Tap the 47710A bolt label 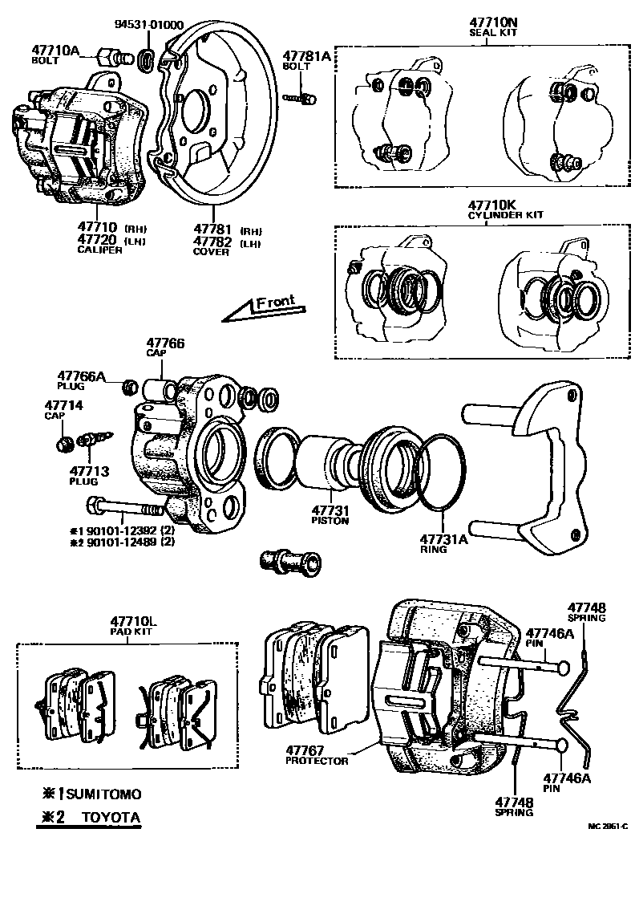tap(55, 53)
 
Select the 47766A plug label tap(81, 378)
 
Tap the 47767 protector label tap(317, 754)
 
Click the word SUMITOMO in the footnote tap(103, 794)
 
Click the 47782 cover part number tap(212, 242)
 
